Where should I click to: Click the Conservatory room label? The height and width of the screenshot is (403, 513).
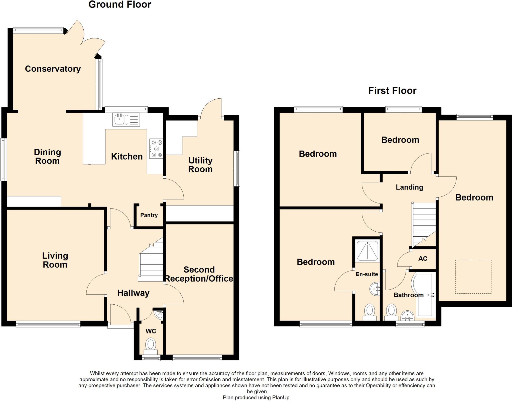(x=53, y=69)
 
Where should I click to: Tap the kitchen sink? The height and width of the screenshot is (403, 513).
(x=121, y=119)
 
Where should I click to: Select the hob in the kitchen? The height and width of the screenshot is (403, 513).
(x=156, y=149)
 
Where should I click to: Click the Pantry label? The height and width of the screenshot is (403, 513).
(x=149, y=215)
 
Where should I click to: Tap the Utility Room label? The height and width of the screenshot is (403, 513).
(x=200, y=165)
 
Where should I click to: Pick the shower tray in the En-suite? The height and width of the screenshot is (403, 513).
(x=367, y=250)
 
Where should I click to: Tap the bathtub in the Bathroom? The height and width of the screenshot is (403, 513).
(x=424, y=295)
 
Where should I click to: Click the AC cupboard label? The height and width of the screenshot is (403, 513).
(x=423, y=258)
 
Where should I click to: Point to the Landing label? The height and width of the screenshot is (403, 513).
(x=409, y=187)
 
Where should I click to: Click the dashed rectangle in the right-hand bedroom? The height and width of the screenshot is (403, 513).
(x=473, y=277)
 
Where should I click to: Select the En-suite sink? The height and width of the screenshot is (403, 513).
(x=375, y=289)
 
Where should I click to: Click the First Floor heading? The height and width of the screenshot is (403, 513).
(x=392, y=91)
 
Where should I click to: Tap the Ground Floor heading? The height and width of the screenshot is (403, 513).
(x=120, y=5)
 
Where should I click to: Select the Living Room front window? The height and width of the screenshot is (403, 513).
(x=48, y=325)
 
